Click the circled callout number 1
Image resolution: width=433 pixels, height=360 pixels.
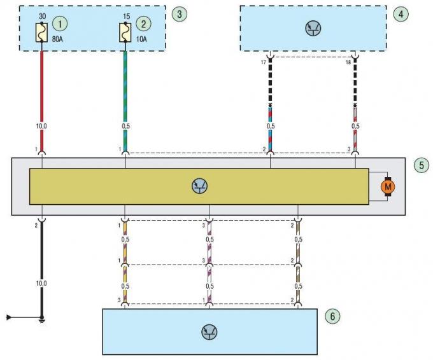[60, 24]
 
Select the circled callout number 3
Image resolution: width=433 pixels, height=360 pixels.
[181, 13]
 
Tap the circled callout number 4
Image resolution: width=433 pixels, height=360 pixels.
[401, 13]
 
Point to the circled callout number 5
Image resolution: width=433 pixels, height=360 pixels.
[420, 165]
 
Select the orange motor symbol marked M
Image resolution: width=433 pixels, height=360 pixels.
[387, 186]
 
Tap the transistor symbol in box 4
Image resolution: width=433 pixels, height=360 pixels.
[313, 28]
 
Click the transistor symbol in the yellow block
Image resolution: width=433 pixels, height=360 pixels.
[199, 186]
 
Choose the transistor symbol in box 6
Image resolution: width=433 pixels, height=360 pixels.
[209, 331]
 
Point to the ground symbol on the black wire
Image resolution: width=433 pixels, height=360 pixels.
[42, 318]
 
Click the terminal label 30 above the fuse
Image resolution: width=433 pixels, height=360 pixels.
[42, 15]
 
